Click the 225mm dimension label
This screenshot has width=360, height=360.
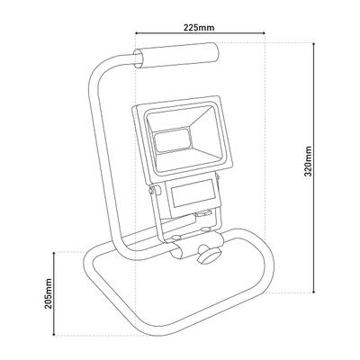coord(199,28)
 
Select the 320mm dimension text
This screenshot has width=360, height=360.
coord(310,162)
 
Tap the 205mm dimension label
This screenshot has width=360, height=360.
coord(49,293)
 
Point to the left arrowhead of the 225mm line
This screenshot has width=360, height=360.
coord(138,33)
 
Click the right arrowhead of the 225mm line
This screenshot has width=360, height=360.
coord(263,33)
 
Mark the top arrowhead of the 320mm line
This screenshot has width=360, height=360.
coord(314,45)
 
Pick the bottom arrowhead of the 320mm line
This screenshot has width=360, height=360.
coord(314,291)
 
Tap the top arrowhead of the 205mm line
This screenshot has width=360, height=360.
coord(54,255)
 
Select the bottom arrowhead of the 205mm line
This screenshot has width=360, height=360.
coord(54,332)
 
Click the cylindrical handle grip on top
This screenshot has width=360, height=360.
coord(176,56)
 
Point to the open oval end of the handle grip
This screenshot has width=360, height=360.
coord(139,58)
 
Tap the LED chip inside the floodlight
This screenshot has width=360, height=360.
coord(171,139)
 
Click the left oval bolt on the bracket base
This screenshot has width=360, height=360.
coord(175,238)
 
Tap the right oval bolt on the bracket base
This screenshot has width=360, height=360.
coord(205,229)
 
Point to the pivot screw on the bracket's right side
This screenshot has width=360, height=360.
coord(218,179)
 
